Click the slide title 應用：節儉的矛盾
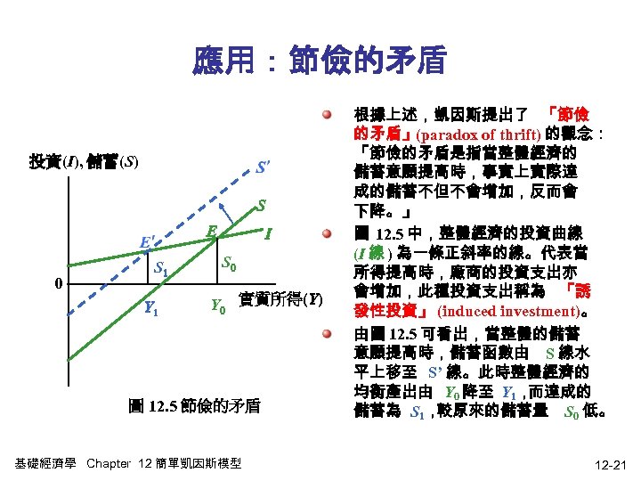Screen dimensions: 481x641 (x=319, y=61)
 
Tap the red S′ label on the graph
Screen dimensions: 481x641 (x=264, y=167)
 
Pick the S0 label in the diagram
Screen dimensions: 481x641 (x=230, y=265)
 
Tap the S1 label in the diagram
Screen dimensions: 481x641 (x=163, y=269)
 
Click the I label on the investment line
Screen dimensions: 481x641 (x=268, y=234)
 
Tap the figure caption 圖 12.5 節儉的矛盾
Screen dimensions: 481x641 (x=194, y=406)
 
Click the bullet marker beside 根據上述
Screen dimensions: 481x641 (x=329, y=117)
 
